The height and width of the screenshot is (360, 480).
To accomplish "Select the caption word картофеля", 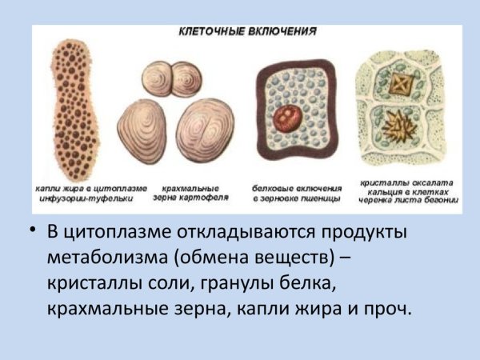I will pos(212,196).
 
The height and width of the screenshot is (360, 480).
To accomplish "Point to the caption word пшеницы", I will pos(324,197).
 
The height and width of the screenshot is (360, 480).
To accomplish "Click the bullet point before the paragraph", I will pos(33,231).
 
